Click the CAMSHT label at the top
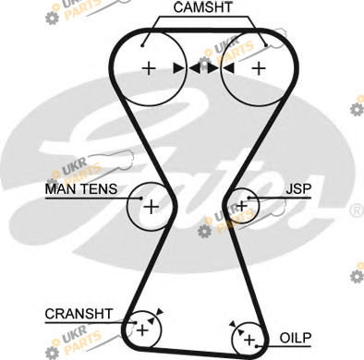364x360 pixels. (202, 7)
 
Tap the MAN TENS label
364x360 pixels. (81, 188)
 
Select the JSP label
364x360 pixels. (298, 188)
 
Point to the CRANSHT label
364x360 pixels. (79, 314)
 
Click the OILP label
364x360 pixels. (296, 338)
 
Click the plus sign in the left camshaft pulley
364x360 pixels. (150, 68)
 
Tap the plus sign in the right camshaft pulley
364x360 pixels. (259, 68)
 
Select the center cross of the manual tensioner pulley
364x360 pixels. (152, 207)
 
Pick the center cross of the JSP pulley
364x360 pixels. (242, 206)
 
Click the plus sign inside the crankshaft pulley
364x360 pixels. (142, 330)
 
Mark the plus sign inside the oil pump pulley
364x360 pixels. (249, 340)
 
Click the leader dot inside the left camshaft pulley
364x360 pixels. (142, 46)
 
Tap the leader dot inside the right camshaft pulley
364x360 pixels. (266, 46)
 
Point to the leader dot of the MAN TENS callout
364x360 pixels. (141, 198)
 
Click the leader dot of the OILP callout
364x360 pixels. (257, 346)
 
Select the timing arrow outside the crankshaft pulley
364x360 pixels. (160, 312)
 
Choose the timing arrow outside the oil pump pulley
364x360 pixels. (233, 324)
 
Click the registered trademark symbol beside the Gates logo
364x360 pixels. (358, 210)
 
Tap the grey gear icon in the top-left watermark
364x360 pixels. (52, 18)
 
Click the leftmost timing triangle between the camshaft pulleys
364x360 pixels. (178, 68)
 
